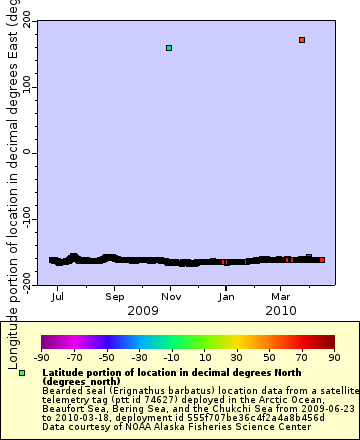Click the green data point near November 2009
169,48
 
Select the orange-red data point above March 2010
302,40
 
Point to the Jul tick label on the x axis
58,296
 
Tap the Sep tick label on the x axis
115,296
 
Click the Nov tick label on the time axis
171,296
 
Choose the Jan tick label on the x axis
227,296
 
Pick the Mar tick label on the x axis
282,296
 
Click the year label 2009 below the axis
143,310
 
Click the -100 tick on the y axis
21,219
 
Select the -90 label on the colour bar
41,356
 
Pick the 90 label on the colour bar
334,356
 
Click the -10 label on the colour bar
171,356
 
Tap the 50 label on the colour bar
269,356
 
